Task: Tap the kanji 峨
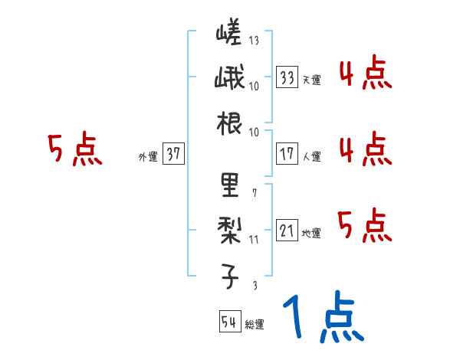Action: coord(229,78)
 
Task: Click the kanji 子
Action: coord(229,274)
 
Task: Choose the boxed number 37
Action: coord(173,155)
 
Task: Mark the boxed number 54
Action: coord(229,322)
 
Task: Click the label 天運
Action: coord(311,80)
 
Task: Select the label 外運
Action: coord(147,157)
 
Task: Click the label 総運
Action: coord(254,325)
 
